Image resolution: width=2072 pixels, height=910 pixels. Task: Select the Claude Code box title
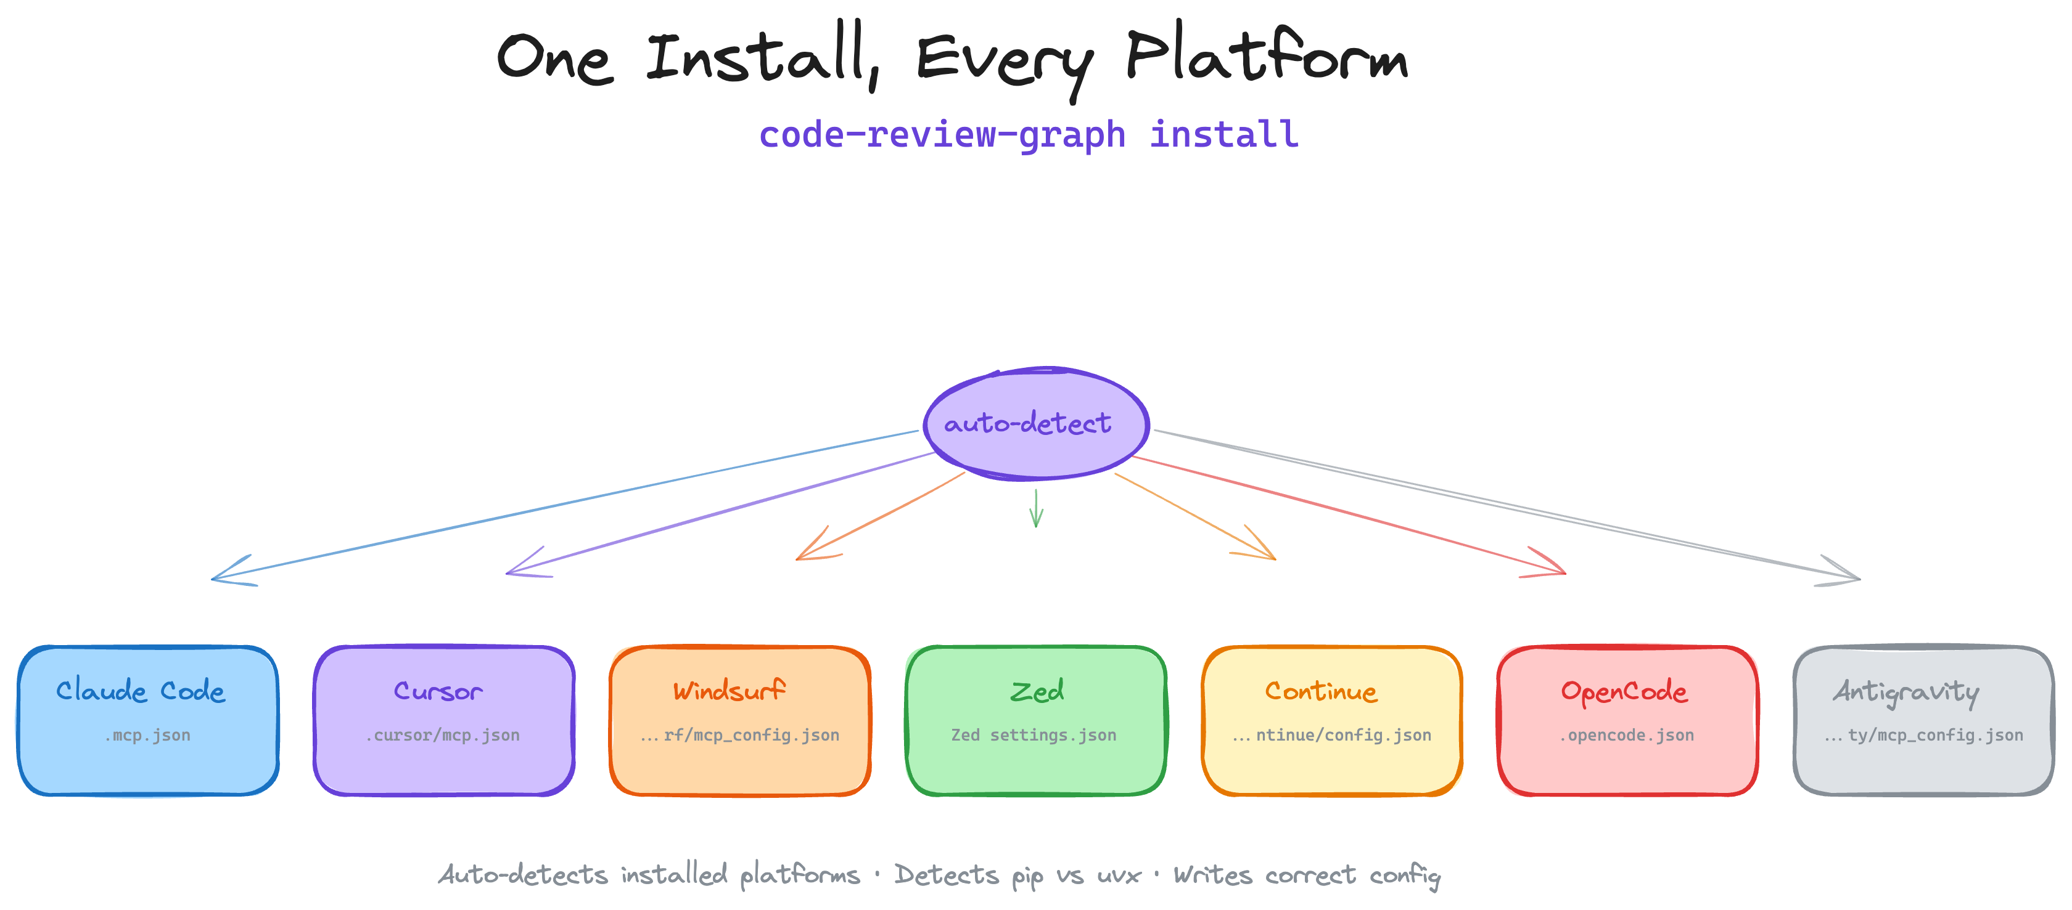(x=141, y=691)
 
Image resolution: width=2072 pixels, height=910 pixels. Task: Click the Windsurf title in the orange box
(x=729, y=691)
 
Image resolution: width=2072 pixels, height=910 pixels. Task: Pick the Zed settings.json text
(x=1034, y=735)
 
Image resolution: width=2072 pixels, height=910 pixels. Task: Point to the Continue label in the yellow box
(x=1321, y=691)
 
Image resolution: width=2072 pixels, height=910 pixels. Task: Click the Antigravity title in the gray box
(x=1906, y=691)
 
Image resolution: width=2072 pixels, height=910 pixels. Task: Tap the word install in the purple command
(x=1223, y=134)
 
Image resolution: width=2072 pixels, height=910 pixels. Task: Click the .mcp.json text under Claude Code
(x=147, y=735)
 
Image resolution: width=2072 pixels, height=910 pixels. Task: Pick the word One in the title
(x=554, y=58)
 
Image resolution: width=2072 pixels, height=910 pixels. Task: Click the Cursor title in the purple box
(x=438, y=691)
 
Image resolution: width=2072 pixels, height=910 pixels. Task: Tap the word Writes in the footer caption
(x=1212, y=875)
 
